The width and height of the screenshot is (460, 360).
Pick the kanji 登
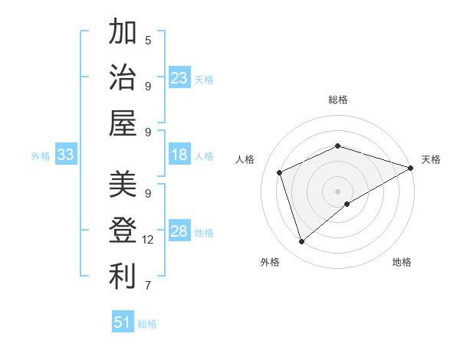(x=123, y=230)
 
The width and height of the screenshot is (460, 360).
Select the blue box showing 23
(x=179, y=77)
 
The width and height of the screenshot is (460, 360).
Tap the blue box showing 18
(x=179, y=155)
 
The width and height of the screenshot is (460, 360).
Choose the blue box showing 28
(x=179, y=232)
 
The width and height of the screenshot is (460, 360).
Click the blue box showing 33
(x=66, y=155)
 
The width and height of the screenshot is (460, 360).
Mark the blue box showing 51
(x=123, y=322)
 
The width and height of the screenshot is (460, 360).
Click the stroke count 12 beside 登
(x=148, y=240)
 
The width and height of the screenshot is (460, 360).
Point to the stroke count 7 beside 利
(x=148, y=286)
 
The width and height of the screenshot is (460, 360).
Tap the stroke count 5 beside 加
(x=148, y=41)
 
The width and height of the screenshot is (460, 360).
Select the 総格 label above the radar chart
(x=337, y=100)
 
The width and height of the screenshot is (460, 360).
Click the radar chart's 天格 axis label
(x=431, y=159)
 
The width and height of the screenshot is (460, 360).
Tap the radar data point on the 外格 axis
(x=301, y=242)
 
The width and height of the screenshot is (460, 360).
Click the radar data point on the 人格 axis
(x=280, y=172)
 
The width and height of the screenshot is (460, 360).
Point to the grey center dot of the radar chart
(x=337, y=191)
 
